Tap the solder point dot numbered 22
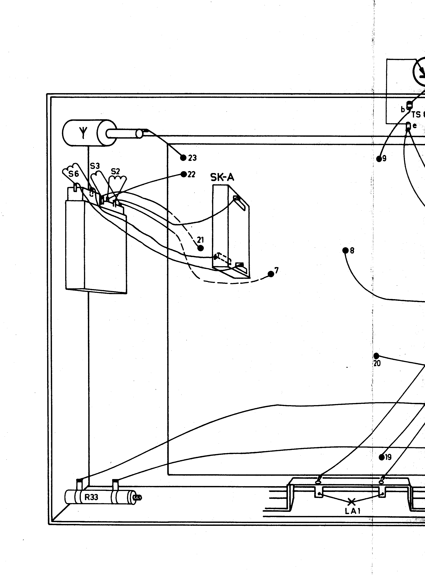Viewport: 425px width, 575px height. [184, 174]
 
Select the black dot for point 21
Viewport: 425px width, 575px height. [200, 248]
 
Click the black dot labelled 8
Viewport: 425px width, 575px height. [345, 250]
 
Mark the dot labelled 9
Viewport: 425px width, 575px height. [379, 159]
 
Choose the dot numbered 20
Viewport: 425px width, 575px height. [376, 356]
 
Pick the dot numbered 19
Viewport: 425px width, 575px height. [382, 457]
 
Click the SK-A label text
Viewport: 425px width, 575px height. [222, 177]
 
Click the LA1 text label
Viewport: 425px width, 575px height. [353, 511]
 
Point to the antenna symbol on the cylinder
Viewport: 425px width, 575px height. [83, 133]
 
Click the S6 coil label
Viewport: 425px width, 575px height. [74, 174]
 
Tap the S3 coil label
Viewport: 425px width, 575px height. [95, 166]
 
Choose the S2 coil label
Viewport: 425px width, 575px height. [115, 171]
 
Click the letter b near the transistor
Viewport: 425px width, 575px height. [403, 110]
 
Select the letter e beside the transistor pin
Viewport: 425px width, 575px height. [414, 126]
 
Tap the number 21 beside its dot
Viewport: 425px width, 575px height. [200, 240]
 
